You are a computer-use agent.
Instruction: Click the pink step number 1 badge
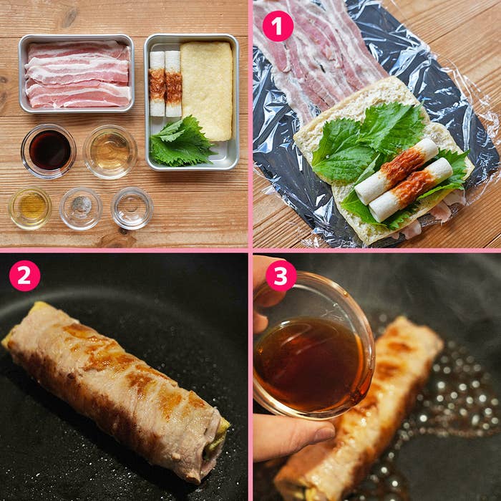(x=278, y=26)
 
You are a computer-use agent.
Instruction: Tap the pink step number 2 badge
(x=24, y=276)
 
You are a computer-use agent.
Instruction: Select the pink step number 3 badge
(x=281, y=276)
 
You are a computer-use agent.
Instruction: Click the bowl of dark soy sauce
(x=49, y=151)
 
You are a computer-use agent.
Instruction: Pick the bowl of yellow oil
(x=30, y=208)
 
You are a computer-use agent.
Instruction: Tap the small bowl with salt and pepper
(x=81, y=208)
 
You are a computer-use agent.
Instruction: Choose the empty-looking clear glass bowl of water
(x=132, y=208)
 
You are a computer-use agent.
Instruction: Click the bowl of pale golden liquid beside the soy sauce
(x=110, y=152)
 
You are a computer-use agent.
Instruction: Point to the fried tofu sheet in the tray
(x=207, y=91)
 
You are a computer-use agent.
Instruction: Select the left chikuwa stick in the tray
(x=157, y=84)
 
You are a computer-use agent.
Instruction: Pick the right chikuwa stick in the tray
(x=173, y=84)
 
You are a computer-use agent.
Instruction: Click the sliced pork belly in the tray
(x=77, y=74)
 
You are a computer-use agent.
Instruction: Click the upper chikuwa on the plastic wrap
(x=397, y=171)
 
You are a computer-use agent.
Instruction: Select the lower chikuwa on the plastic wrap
(x=411, y=190)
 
